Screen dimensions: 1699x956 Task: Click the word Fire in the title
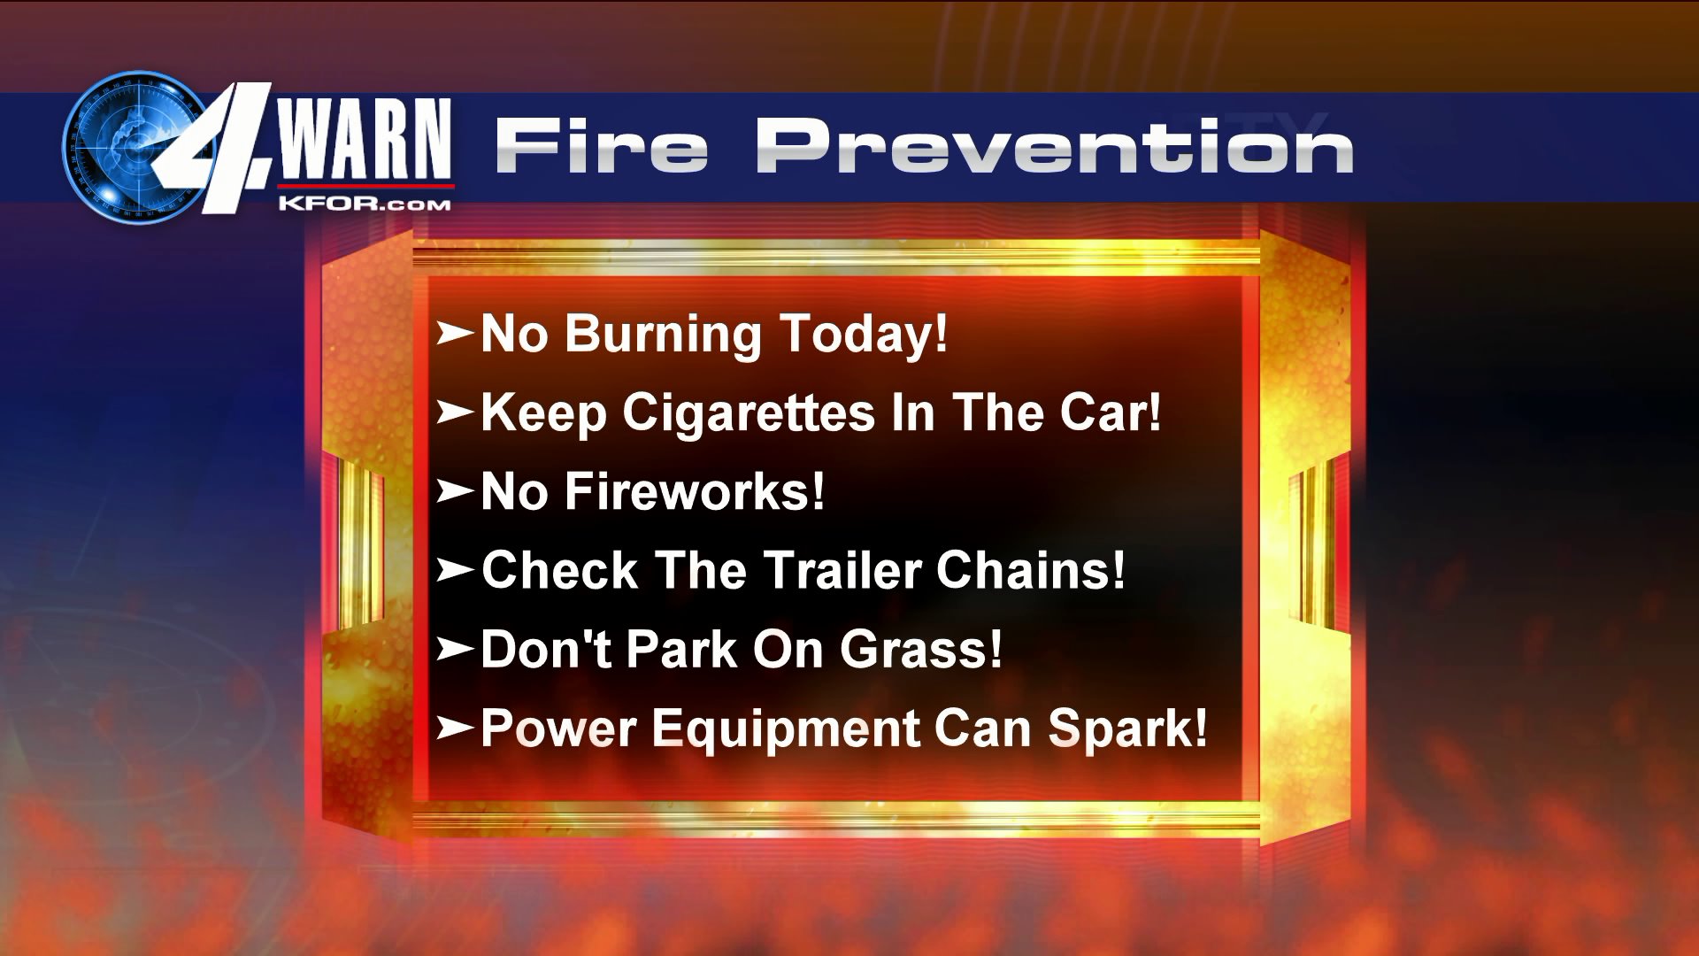pyautogui.click(x=602, y=145)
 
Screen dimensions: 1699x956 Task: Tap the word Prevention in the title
pyautogui.click(x=1054, y=145)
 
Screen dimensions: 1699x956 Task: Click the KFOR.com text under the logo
pyautogui.click(x=364, y=203)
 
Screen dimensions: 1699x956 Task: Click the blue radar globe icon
pyautogui.click(x=133, y=147)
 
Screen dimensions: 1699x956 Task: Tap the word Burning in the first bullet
pyautogui.click(x=663, y=335)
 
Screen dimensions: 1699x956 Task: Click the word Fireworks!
pyautogui.click(x=695, y=491)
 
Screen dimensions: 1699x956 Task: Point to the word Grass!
pyautogui.click(x=921, y=649)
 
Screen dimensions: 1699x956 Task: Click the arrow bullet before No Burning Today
pyautogui.click(x=455, y=334)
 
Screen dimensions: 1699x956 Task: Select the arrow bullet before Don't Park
pyautogui.click(x=455, y=650)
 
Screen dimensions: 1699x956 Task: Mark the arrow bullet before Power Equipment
pyautogui.click(x=455, y=729)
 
